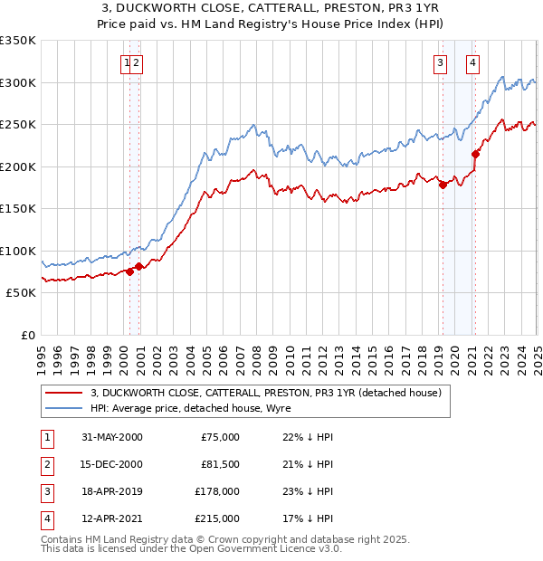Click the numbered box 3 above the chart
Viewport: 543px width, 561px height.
[440, 62]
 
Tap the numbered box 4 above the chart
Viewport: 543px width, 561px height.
[473, 62]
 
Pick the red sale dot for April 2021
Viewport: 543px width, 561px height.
[476, 154]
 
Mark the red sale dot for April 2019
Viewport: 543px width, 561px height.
[443, 185]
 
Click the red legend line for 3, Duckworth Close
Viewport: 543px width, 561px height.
[63, 393]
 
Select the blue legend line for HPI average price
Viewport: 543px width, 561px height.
[63, 408]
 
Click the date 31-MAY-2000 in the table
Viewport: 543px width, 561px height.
[112, 437]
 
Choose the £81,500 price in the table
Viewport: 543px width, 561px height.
[220, 464]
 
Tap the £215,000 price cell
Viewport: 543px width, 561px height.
[217, 518]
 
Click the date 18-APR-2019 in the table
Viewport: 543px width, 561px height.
[112, 491]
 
